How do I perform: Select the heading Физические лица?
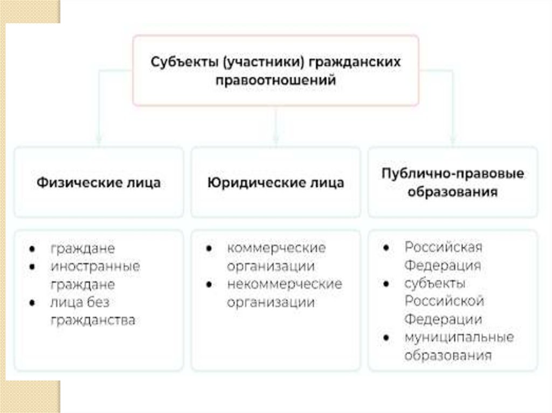(99, 183)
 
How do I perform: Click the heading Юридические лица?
(275, 183)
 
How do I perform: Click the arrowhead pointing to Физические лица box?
(99, 141)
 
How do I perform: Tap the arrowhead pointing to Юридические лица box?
(275, 141)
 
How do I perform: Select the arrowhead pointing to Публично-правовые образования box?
(453, 141)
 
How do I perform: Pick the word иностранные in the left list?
(95, 266)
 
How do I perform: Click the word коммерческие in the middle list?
(277, 248)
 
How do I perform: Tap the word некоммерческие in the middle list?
(284, 284)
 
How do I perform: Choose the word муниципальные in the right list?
(459, 337)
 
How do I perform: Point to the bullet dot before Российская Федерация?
(387, 248)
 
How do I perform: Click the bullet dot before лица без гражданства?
(33, 303)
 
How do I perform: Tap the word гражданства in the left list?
(93, 320)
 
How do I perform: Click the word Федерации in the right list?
(443, 319)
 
